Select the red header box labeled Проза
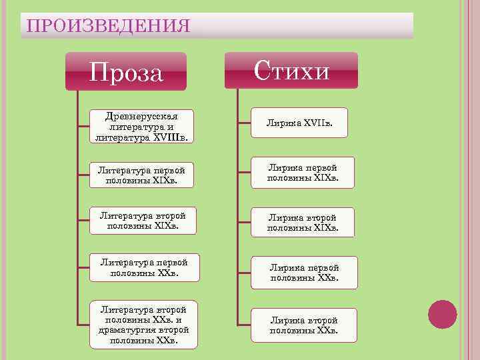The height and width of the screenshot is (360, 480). click(125, 72)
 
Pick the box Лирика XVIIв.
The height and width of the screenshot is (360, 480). click(299, 123)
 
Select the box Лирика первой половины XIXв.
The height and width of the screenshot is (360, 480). click(302, 173)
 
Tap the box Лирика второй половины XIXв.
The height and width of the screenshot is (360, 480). click(302, 223)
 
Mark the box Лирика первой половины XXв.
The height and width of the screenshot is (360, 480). click(304, 272)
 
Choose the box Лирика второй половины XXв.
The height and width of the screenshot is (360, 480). click(303, 325)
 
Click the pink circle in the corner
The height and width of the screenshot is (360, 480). click(442, 315)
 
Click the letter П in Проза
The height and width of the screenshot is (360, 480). click(97, 73)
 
